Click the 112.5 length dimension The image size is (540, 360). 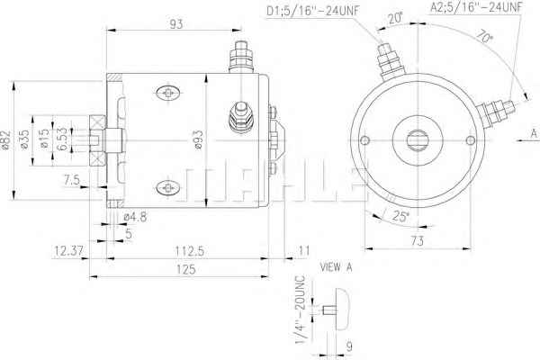(190, 251)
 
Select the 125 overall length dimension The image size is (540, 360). (186, 269)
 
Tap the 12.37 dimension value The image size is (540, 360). (69, 251)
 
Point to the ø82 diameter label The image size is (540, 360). (6, 140)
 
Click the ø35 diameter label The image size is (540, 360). (24, 139)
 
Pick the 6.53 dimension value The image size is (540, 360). (62, 139)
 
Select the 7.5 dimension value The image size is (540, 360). (72, 180)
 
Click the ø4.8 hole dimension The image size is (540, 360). (135, 217)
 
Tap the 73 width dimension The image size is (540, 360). (418, 241)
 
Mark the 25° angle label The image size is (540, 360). (400, 216)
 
